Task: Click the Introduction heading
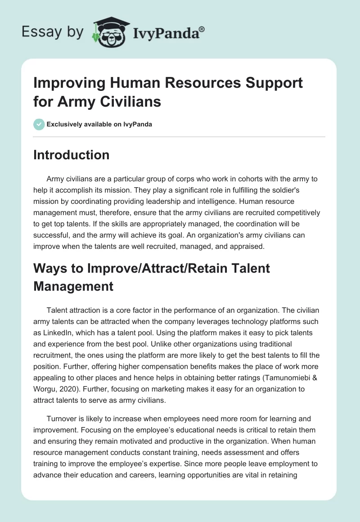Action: point(72,155)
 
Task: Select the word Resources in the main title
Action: point(195,83)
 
